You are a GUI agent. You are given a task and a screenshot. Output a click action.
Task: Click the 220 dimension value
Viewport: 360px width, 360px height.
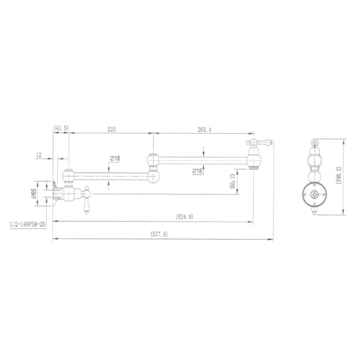[x=112, y=128]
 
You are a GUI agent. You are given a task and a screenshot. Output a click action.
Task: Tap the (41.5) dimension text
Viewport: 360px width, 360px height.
[x=61, y=128]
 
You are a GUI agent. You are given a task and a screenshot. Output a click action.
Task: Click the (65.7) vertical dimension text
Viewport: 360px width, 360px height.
[x=232, y=182]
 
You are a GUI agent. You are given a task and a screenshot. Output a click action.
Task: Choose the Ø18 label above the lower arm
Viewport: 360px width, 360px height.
[x=115, y=158]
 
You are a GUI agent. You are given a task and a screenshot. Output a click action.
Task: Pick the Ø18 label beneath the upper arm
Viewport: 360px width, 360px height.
[x=197, y=171]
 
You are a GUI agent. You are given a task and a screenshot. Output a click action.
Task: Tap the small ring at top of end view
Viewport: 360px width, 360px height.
[x=313, y=142]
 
